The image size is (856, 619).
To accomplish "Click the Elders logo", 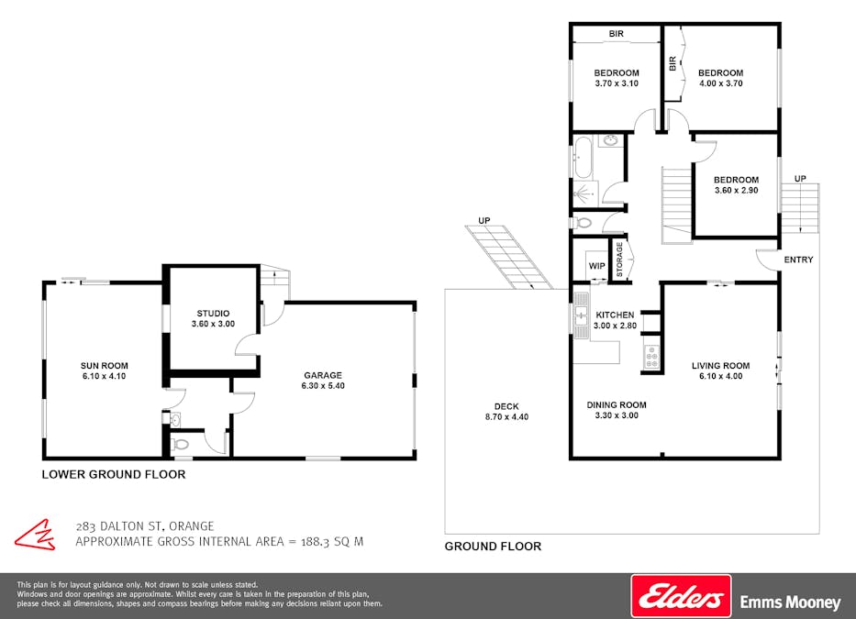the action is (x=681, y=595).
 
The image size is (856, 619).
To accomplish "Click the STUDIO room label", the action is (x=213, y=314).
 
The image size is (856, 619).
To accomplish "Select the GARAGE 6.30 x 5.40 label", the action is (x=323, y=381).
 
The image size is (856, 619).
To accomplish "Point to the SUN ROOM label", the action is (x=105, y=366).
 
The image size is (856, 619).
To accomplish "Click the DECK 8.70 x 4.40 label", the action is (x=506, y=412).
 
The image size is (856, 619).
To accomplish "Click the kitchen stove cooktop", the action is (x=651, y=357).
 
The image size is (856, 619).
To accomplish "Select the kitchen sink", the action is (x=582, y=315).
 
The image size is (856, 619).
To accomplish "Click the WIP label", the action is (x=596, y=266).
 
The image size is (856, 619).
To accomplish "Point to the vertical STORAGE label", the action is (x=619, y=260).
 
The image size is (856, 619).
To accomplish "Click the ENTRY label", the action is (x=799, y=260).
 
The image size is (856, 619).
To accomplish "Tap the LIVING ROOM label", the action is (x=720, y=366).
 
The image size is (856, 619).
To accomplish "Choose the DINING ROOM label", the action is (x=617, y=405).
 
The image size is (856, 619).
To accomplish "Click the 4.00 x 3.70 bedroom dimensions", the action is (x=720, y=83).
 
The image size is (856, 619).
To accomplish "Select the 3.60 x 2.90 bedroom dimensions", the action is (x=737, y=191).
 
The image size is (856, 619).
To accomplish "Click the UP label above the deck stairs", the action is (x=484, y=220).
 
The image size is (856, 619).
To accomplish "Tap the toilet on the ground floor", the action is (x=582, y=223).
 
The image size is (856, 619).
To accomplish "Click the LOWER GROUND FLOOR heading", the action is (x=114, y=474).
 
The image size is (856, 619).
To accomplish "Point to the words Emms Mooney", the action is (x=790, y=602).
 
